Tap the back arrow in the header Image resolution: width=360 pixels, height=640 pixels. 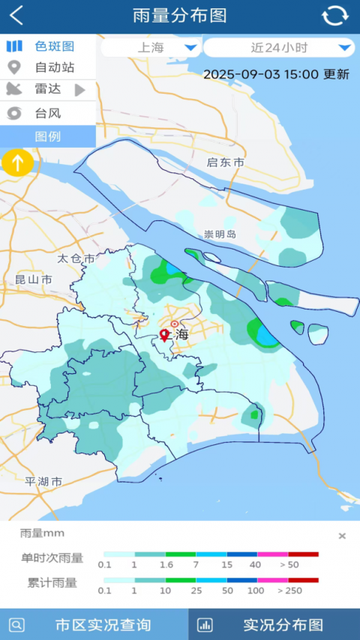(x=16, y=16)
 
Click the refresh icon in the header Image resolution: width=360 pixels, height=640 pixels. (x=334, y=16)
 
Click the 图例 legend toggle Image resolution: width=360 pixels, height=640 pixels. (x=47, y=136)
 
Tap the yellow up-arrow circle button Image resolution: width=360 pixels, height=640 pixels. (x=17, y=162)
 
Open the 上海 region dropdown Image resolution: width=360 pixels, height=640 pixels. (x=151, y=48)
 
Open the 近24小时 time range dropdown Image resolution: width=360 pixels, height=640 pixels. (x=278, y=48)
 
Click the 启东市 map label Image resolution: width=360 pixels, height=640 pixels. (x=226, y=163)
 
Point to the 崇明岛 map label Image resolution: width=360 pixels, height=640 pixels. (x=220, y=234)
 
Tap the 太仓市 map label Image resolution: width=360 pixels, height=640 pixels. (x=76, y=259)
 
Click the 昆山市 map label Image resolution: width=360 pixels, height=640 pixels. (x=34, y=280)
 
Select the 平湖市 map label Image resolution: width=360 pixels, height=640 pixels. (x=43, y=481)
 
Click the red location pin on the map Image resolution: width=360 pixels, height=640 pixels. (x=164, y=335)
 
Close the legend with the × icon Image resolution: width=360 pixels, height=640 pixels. (x=342, y=536)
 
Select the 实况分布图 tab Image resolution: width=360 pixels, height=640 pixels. (x=274, y=624)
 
